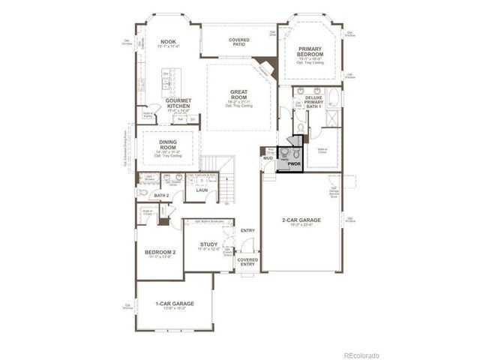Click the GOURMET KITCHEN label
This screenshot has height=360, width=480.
178,103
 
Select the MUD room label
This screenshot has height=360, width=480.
268,159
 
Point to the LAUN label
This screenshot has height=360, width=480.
202,190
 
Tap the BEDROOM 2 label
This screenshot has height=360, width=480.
160,252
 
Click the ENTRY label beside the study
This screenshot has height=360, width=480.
247,230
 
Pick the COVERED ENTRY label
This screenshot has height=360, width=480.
247,262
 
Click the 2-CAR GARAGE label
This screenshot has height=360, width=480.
301,220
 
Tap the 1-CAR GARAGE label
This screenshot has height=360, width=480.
174,303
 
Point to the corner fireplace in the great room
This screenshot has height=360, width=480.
264,67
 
